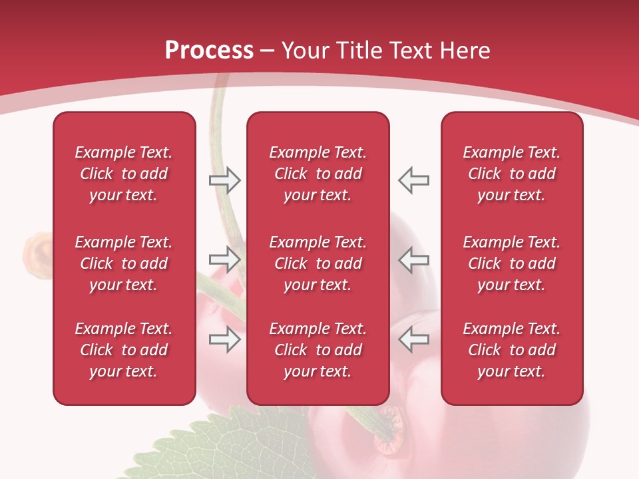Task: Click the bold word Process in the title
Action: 209,50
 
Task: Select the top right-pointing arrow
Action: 224,180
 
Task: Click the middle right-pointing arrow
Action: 224,259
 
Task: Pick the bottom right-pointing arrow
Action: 224,339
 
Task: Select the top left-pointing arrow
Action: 414,180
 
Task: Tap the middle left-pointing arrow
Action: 414,259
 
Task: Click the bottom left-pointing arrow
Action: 414,339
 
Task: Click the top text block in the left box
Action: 124,174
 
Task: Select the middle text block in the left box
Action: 124,263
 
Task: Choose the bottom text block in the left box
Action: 124,350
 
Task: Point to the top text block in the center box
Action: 318,174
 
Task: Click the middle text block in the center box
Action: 318,263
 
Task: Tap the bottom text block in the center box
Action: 318,350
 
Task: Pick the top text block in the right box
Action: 511,174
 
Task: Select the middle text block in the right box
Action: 511,263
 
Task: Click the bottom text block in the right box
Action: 511,350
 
